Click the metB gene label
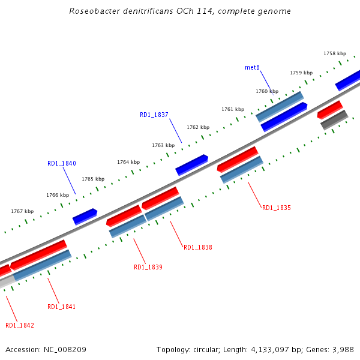[x=252, y=67]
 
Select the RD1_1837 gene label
[x=154, y=115]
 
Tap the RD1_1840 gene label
[x=62, y=163]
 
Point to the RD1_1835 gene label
[x=276, y=208]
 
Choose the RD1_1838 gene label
[x=198, y=247]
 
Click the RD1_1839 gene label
[x=148, y=267]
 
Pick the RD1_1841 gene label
[x=62, y=307]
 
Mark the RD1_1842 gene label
[x=20, y=325]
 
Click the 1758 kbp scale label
[x=335, y=53]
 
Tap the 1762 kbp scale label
[x=198, y=127]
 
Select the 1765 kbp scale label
[x=93, y=179]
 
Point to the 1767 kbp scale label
[x=22, y=211]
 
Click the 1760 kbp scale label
[x=267, y=91]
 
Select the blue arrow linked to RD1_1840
[x=85, y=216]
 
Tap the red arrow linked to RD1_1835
[x=237, y=158]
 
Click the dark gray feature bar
[x=334, y=119]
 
